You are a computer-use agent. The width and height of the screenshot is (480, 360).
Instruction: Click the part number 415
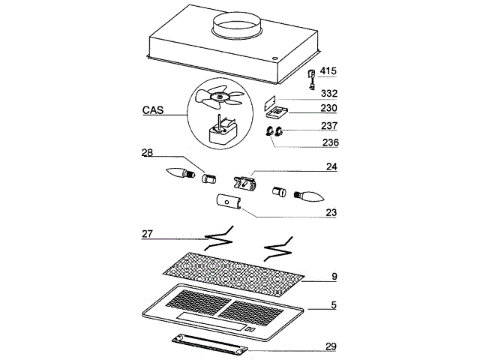tap(328, 71)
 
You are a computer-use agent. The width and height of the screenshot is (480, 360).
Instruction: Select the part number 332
tap(328, 94)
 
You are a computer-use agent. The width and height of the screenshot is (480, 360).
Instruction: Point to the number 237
tap(328, 125)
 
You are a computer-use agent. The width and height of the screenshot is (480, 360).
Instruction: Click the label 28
tap(147, 152)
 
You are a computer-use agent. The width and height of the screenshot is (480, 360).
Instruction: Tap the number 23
tap(331, 212)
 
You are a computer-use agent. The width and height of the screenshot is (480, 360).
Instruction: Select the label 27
tap(147, 234)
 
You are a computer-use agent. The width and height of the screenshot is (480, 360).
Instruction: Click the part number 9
tap(334, 277)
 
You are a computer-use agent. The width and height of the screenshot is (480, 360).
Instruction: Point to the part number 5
tap(334, 305)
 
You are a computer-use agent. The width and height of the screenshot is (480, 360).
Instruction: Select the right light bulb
tap(310, 196)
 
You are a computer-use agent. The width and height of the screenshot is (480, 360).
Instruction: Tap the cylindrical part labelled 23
tap(227, 202)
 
